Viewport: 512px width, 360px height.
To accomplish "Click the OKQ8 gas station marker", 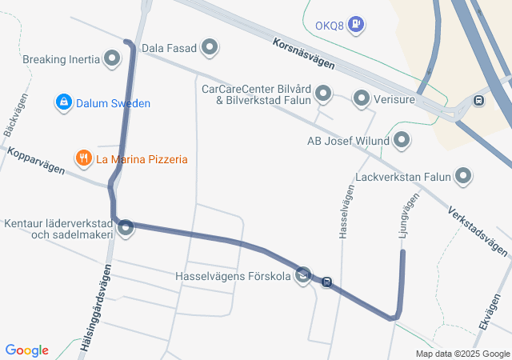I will pyautogui.click(x=357, y=26).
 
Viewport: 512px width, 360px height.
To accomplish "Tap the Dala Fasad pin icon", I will pyautogui.click(x=210, y=48).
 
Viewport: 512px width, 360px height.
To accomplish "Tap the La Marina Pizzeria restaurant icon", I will pyautogui.click(x=83, y=158).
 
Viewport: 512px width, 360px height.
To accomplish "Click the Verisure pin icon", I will pyautogui.click(x=362, y=99).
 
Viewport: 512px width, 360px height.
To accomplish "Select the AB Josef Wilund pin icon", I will pyautogui.click(x=402, y=141).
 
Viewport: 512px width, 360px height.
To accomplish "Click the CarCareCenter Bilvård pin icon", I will pyautogui.click(x=323, y=94).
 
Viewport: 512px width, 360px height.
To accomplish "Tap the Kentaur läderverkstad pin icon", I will pyautogui.click(x=126, y=229).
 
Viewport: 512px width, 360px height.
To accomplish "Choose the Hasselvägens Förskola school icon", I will pyautogui.click(x=303, y=277).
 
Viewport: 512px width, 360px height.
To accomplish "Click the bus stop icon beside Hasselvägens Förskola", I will pyautogui.click(x=326, y=282).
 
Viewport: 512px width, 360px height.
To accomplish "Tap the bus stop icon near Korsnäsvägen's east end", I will pyautogui.click(x=478, y=101).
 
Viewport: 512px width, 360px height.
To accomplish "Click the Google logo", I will pyautogui.click(x=27, y=350).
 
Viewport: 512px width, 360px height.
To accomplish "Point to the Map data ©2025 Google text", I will pyautogui.click(x=462, y=354).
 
